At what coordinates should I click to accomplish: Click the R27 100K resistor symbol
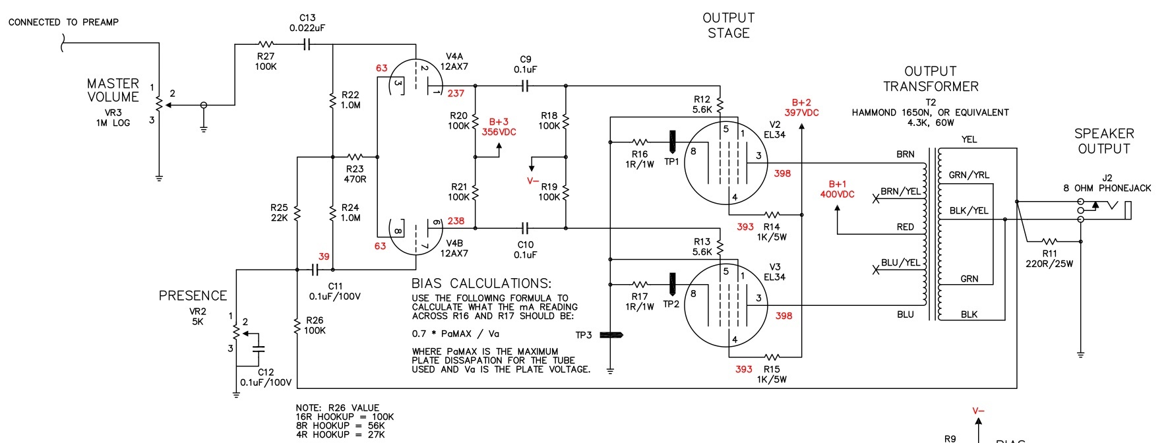(265, 45)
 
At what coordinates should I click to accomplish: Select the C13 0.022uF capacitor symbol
(307, 45)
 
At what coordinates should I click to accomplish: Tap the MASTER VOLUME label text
(113, 90)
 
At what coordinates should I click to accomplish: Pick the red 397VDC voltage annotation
(801, 113)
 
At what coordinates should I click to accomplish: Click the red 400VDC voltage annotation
(837, 194)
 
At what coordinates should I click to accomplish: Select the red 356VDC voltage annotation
(499, 132)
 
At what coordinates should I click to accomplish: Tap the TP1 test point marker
(672, 141)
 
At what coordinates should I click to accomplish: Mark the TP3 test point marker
(611, 335)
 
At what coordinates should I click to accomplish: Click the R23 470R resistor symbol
(355, 157)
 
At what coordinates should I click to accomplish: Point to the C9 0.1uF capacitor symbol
(526, 86)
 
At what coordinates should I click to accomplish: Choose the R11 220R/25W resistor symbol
(1049, 241)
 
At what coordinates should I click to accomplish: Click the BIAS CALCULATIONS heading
(481, 283)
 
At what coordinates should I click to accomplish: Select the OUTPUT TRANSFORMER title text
(931, 78)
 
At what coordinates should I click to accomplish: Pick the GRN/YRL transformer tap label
(969, 175)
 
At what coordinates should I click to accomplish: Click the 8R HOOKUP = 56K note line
(340, 426)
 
